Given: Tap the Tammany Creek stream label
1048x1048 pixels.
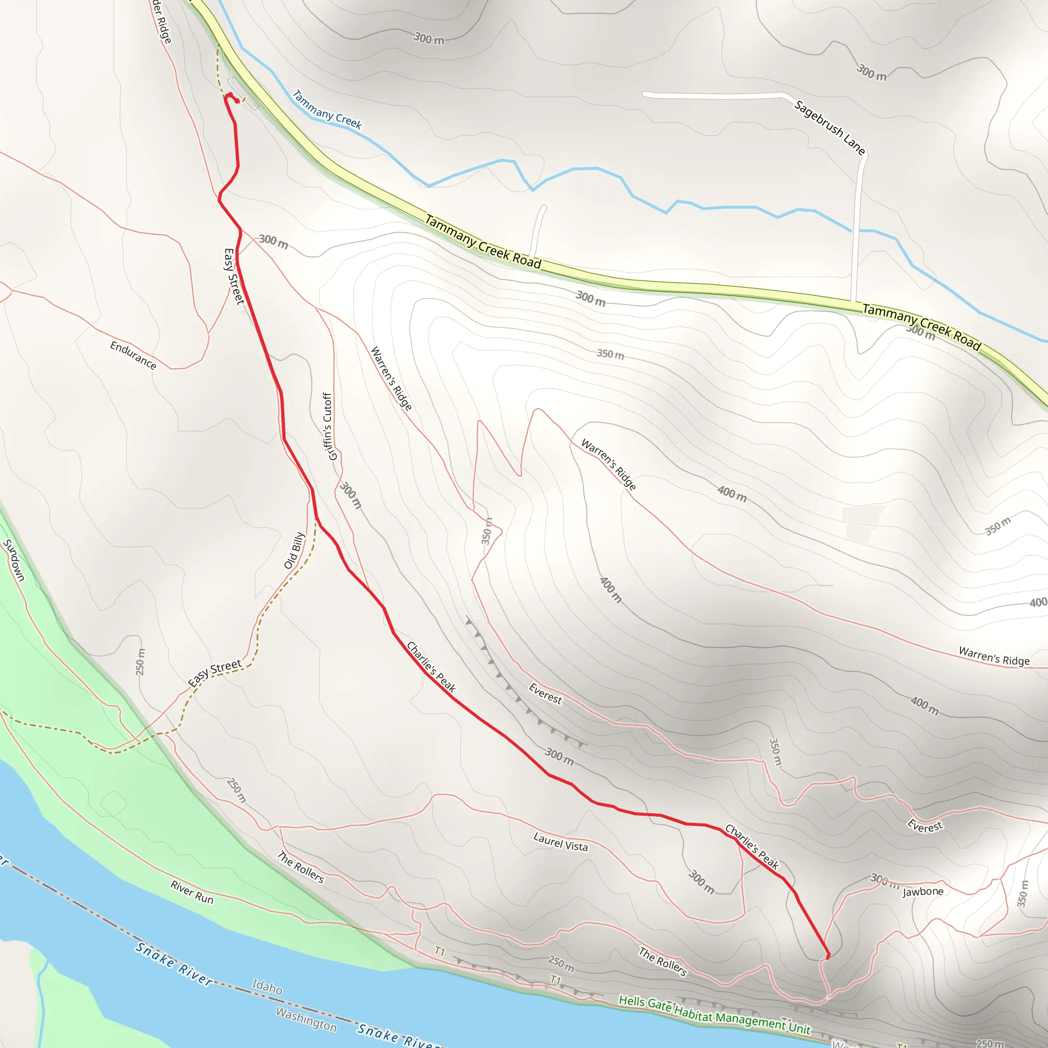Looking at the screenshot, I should pos(326,110).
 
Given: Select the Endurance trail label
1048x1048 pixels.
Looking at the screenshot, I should pos(133,355).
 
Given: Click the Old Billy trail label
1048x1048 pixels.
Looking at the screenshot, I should pos(295,551).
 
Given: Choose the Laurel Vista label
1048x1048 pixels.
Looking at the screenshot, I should pos(560,842).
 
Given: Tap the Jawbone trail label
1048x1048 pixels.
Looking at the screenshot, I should pos(923,892).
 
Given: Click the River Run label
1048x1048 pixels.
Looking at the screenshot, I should pos(192,892).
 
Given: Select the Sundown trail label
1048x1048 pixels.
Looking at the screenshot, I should pos(14,560).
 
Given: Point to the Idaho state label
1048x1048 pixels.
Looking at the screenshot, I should pos(267,986).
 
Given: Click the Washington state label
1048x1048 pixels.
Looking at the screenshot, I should pos(306,1019).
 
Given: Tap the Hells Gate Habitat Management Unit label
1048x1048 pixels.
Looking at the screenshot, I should pos(714,1014).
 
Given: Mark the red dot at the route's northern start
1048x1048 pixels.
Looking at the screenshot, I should pos(236,101).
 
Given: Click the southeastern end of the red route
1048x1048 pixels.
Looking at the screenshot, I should pos(827,958).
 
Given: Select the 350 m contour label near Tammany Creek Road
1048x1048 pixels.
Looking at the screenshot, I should pos(610,354).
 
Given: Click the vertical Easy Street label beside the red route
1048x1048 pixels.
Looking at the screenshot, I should pos(234,276).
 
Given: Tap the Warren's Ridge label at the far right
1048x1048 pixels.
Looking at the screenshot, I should pos(994,657).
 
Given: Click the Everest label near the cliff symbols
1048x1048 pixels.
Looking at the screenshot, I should pos(545,694).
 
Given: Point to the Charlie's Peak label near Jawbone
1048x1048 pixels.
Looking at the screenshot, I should pos(752,847).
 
